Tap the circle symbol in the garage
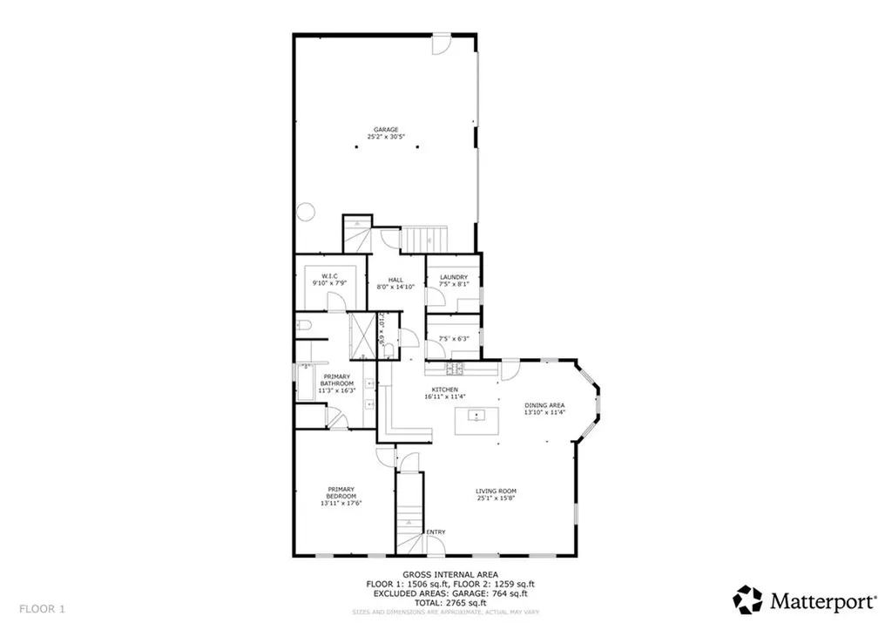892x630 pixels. coord(306,211)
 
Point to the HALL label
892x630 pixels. coord(395,280)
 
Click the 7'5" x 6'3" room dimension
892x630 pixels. coord(454,339)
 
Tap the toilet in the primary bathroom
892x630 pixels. coord(304,327)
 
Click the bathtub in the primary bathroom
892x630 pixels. coord(306,384)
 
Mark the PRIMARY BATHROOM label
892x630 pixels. coord(336,380)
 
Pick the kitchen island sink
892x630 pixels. coord(476,415)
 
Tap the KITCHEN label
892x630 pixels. coord(445,390)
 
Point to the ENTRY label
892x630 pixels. coord(435,532)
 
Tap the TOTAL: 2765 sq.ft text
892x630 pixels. coord(445,602)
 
